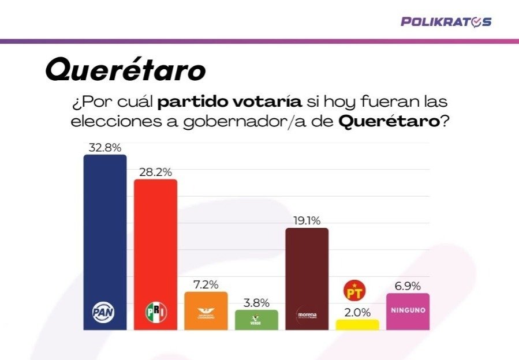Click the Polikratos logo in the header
coord(446,22)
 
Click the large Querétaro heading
coord(125,70)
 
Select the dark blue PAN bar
coord(104,231)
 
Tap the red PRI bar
coord(155,242)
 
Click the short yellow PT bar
coord(357,325)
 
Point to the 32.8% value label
coord(104,148)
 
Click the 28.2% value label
coord(155,172)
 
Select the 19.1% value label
coord(307,220)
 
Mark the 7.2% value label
coord(206,284)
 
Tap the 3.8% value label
coord(256,303)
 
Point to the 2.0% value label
coord(357,312)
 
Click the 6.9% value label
coord(408,286)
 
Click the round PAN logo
coord(104,312)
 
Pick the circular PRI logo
coord(155,312)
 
